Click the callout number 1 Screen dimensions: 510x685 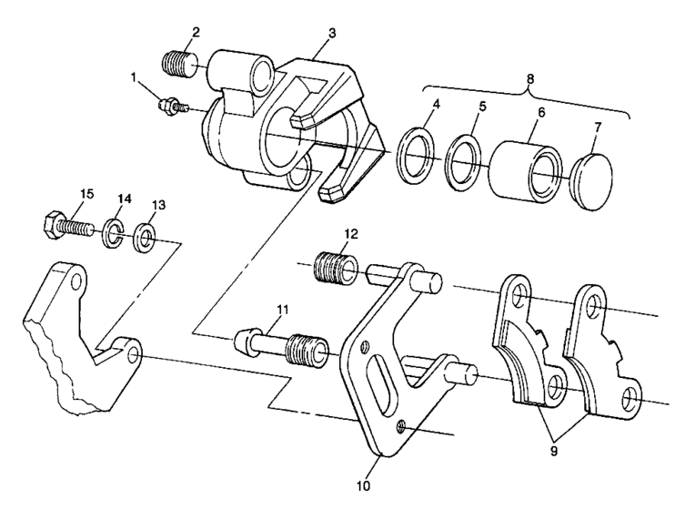(x=139, y=78)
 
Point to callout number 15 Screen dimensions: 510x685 (x=88, y=194)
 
